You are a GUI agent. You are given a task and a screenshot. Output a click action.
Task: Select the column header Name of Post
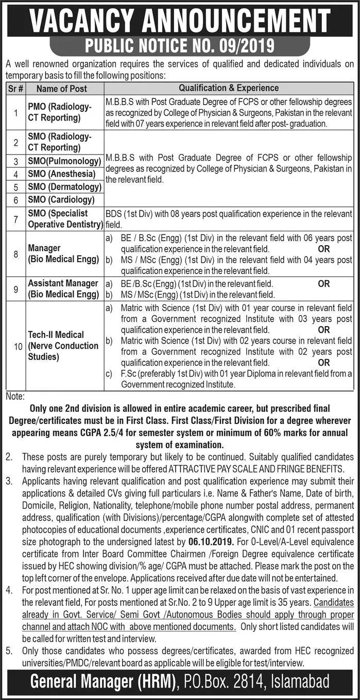click(x=62, y=89)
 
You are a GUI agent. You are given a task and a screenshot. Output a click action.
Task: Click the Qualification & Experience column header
click(x=229, y=88)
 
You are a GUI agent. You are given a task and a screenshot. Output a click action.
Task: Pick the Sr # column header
click(x=16, y=89)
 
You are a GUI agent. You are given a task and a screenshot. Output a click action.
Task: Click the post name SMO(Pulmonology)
click(x=64, y=162)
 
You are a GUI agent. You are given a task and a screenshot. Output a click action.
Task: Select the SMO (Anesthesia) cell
click(x=62, y=174)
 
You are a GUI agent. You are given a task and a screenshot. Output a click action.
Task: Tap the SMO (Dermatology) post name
click(x=65, y=186)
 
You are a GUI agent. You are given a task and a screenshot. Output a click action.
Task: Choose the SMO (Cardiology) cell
click(x=61, y=199)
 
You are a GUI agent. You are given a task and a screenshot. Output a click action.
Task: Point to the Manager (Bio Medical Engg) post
click(x=63, y=254)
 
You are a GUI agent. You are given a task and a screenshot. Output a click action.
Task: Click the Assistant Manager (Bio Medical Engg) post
click(x=63, y=289)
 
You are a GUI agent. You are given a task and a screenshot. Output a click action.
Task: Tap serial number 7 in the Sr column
click(x=16, y=219)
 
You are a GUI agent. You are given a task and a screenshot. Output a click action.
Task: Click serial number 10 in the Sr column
click(x=16, y=346)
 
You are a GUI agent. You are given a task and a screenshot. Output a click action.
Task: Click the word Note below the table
click(x=15, y=396)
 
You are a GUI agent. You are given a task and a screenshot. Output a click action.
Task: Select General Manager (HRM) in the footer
click(x=101, y=682)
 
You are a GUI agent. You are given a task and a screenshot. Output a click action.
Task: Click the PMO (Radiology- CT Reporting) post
click(x=60, y=112)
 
